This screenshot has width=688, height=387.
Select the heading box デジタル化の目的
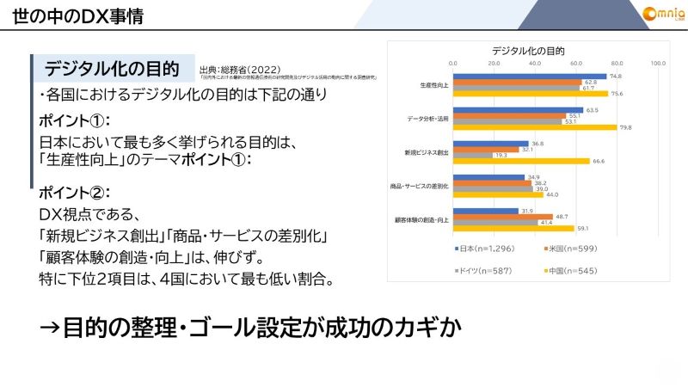tap(112, 68)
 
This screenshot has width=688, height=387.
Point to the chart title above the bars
tap(528, 50)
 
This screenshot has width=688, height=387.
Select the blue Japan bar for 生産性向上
tap(530, 76)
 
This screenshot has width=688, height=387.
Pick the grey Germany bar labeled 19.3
tap(473, 155)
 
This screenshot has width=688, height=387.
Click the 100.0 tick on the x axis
tap(658, 63)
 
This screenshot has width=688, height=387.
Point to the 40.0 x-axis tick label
tap(535, 63)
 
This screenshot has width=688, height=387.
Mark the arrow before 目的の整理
tap(50, 328)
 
